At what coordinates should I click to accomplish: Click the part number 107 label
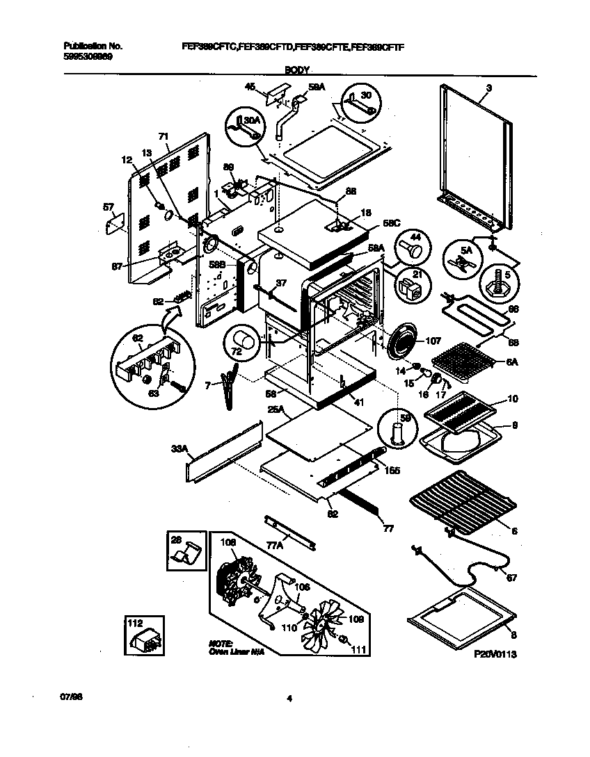pos(433,341)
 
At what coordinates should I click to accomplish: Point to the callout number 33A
pos(180,450)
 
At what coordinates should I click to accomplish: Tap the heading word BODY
pos(297,70)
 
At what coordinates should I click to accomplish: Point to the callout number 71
pos(164,136)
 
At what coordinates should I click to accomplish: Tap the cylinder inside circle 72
pos(243,341)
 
